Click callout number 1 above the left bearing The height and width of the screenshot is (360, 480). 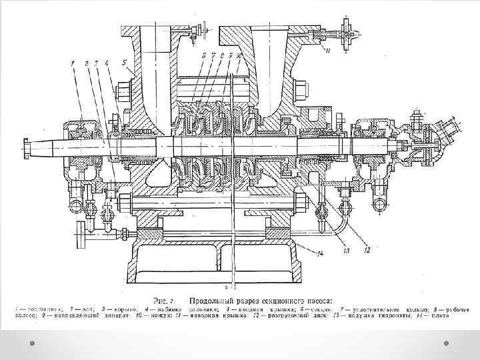point(71,63)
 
